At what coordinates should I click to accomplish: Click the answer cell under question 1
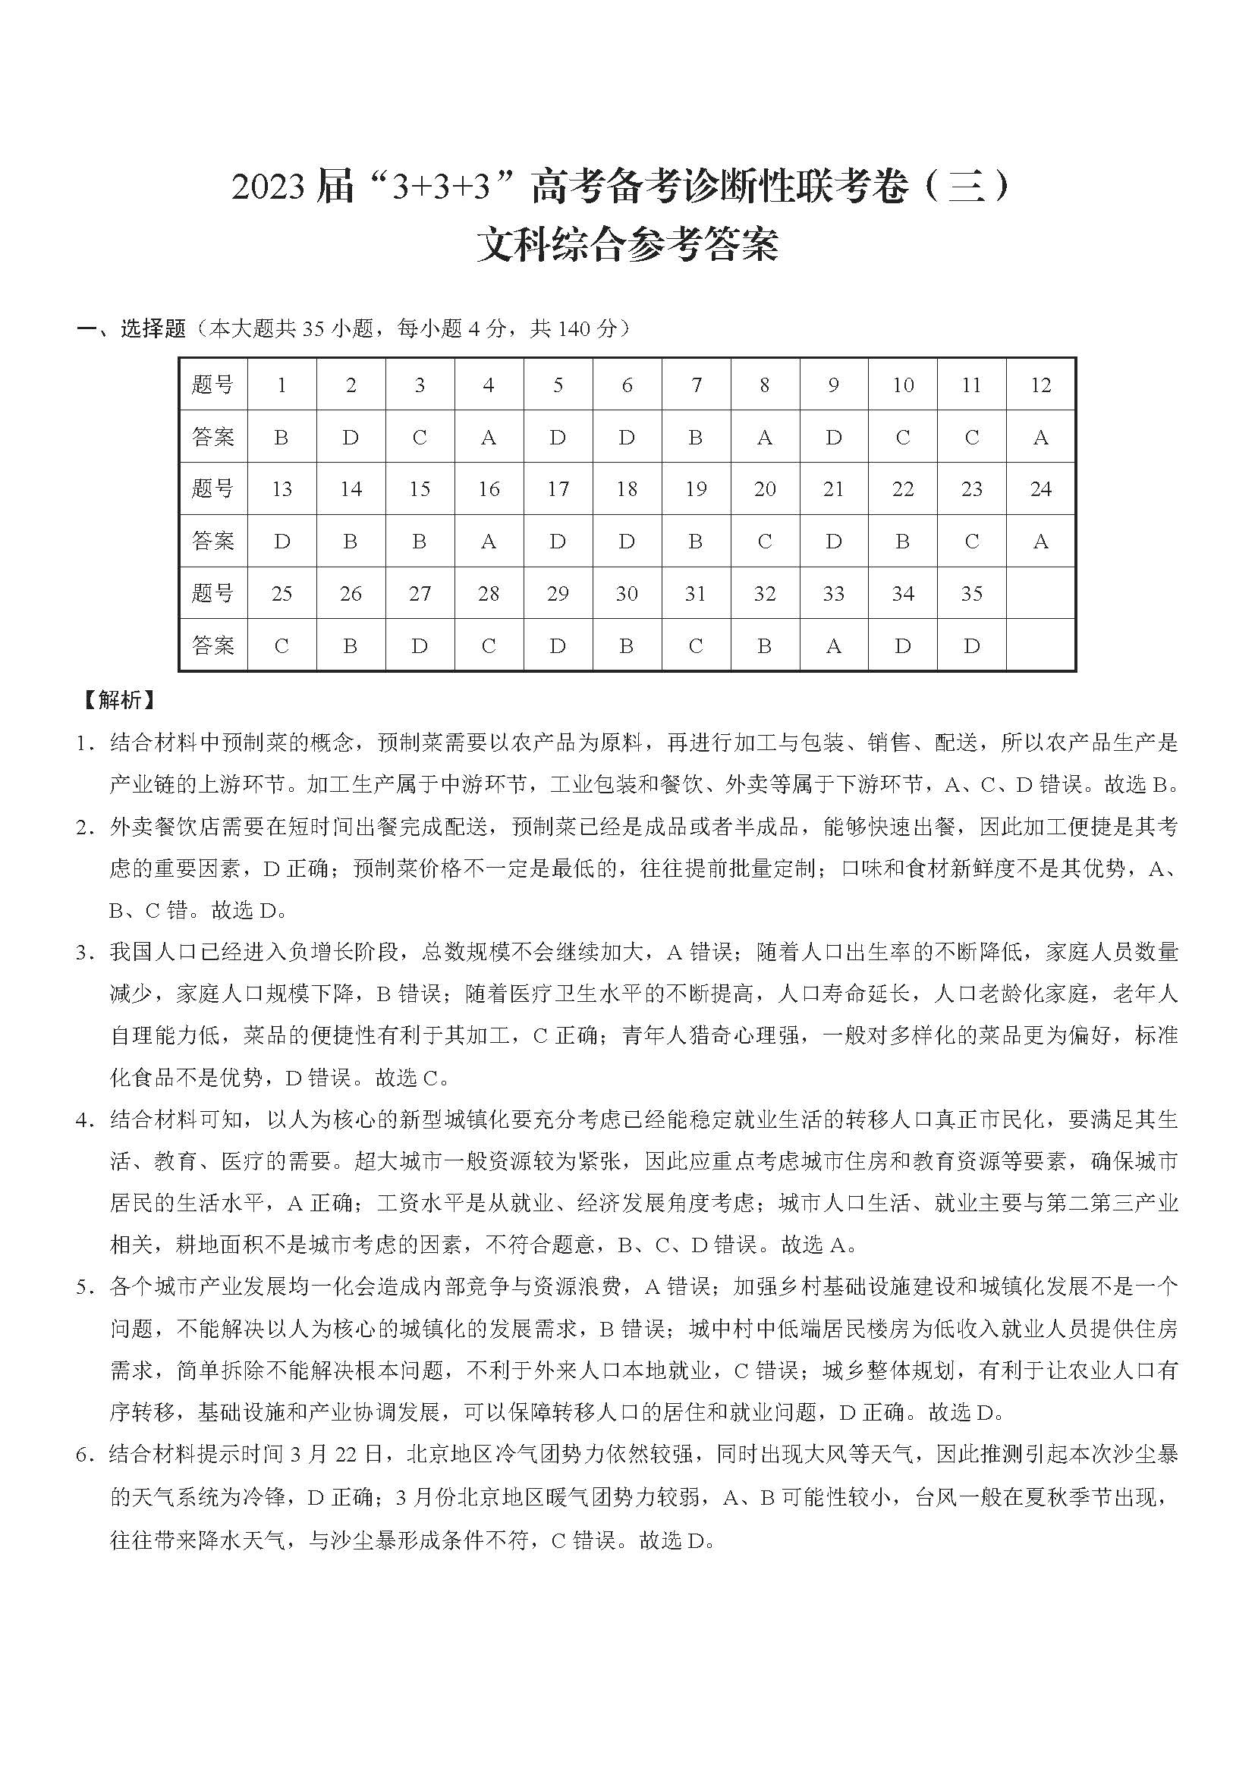click(282, 438)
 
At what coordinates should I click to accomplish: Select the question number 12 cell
click(1040, 385)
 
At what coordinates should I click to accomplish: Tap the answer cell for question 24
click(1040, 542)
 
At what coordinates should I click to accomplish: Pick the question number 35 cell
click(971, 593)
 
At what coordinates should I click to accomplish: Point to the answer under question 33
click(833, 646)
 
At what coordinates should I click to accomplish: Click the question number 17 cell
click(557, 489)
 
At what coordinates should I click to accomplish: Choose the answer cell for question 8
click(764, 438)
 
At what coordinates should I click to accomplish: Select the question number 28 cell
click(489, 593)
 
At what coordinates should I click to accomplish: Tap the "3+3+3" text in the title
click(442, 189)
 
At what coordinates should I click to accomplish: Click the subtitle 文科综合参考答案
click(627, 245)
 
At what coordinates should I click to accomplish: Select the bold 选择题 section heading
click(153, 329)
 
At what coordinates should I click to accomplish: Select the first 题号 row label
click(212, 385)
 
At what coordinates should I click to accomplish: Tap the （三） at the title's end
click(967, 189)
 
